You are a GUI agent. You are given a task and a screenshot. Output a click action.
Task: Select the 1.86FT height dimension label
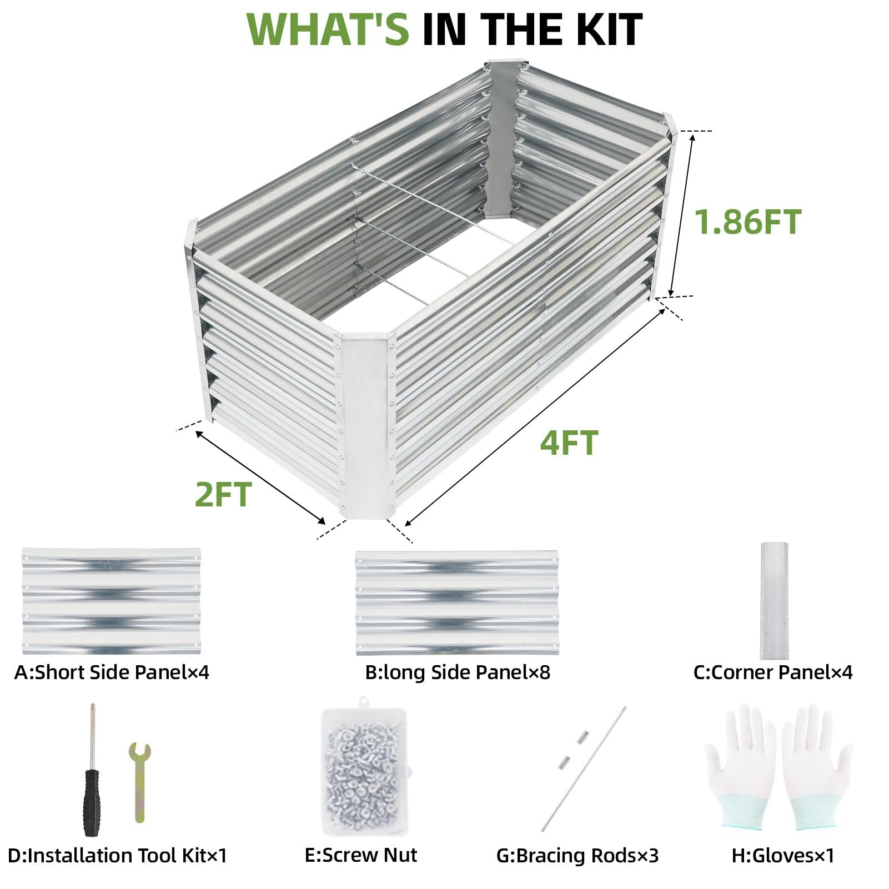[x=748, y=222]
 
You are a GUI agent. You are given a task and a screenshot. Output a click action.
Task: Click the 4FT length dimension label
[x=569, y=443]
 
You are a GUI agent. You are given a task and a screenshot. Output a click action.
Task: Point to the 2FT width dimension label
[x=223, y=494]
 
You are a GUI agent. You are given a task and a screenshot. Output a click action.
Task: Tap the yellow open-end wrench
[x=139, y=782]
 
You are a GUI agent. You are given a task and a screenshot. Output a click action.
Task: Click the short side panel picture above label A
[x=111, y=601]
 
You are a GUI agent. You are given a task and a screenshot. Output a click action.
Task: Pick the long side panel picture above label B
[x=457, y=603]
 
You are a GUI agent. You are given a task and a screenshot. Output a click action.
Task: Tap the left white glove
[x=741, y=767]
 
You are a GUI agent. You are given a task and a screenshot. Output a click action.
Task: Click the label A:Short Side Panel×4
[x=112, y=672]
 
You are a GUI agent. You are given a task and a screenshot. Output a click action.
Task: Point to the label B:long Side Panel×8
[x=458, y=672]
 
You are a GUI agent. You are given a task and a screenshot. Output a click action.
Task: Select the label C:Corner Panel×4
[x=773, y=672]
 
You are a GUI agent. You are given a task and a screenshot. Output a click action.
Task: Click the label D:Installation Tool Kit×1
[x=118, y=855]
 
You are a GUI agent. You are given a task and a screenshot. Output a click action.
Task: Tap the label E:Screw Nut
[x=361, y=855]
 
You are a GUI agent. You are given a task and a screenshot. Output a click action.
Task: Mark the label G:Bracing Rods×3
[x=577, y=856]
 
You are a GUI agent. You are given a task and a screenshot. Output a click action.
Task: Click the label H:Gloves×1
[x=783, y=855]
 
